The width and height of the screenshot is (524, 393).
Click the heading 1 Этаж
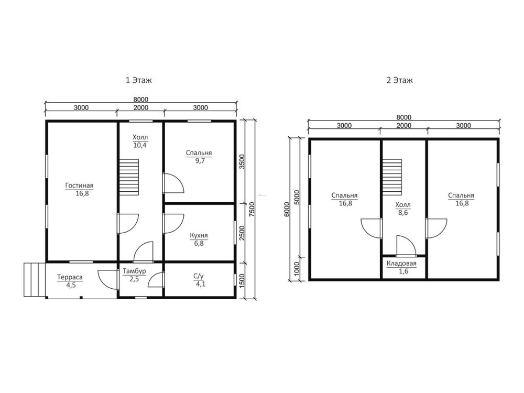click(x=139, y=80)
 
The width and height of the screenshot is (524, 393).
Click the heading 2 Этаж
click(x=400, y=80)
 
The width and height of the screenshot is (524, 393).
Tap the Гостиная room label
click(x=79, y=185)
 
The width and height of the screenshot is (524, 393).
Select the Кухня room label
click(x=199, y=236)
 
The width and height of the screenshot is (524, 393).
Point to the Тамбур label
click(x=134, y=271)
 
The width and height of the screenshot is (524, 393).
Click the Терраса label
click(x=70, y=277)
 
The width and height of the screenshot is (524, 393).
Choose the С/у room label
click(x=199, y=276)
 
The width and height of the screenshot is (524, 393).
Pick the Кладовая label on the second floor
click(x=402, y=264)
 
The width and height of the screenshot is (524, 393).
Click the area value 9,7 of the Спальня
click(x=200, y=161)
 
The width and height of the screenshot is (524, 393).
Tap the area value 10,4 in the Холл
click(x=140, y=145)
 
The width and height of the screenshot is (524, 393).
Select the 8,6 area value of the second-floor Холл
click(x=403, y=213)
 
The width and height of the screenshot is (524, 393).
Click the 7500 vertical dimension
click(x=253, y=209)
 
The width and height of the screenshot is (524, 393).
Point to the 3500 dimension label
click(x=242, y=161)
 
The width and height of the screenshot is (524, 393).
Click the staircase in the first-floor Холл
click(x=129, y=177)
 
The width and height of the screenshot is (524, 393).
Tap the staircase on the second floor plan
click(x=392, y=177)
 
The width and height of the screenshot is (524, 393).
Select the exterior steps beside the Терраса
click(x=35, y=280)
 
